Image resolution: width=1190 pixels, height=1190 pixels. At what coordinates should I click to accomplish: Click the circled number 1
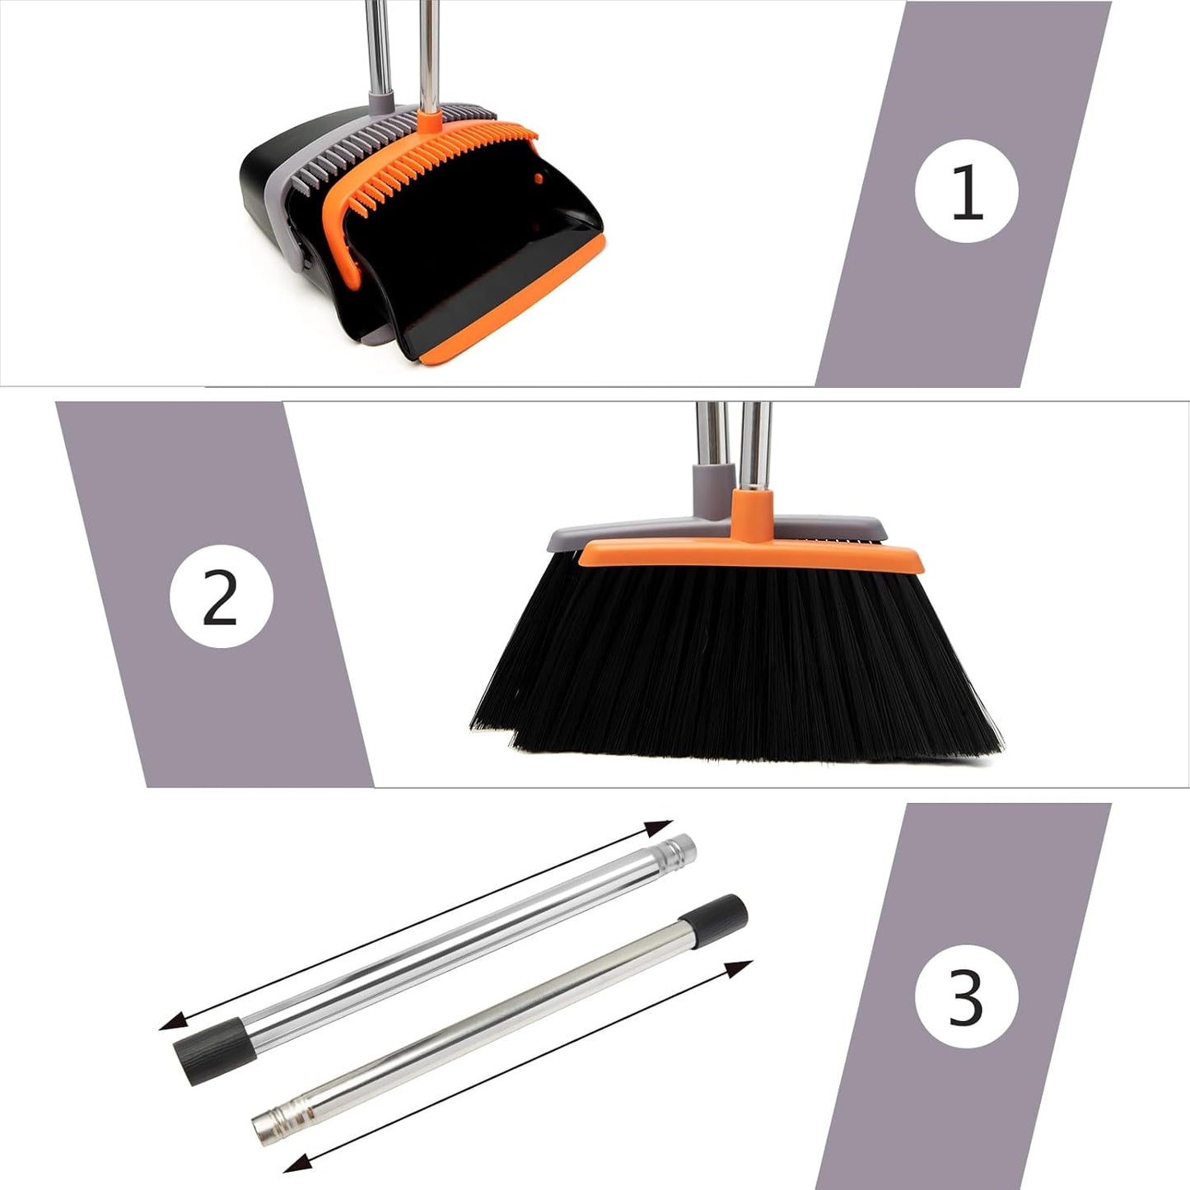(x=966, y=191)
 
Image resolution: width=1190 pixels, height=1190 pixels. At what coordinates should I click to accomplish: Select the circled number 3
(x=966, y=996)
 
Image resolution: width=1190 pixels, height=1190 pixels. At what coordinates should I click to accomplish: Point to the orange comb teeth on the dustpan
(x=445, y=161)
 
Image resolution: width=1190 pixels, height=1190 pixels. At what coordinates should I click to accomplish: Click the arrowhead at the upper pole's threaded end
(x=659, y=827)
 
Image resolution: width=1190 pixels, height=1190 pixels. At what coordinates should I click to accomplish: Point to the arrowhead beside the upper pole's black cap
(x=171, y=1024)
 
